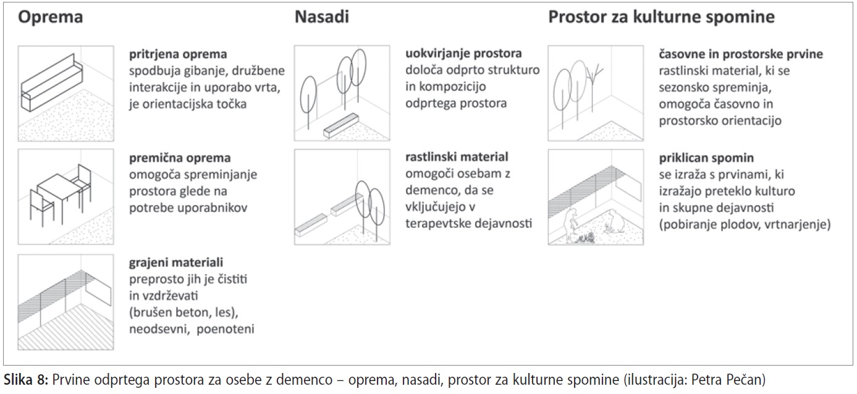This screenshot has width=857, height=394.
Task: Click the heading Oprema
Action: tap(51, 17)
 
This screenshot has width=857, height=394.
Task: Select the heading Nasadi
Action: tap(322, 17)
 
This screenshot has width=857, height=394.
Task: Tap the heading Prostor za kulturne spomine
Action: tap(662, 17)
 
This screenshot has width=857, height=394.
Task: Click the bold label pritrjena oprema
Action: tap(178, 54)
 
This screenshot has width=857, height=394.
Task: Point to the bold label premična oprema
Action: tap(180, 158)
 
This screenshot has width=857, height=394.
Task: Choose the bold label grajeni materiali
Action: tap(176, 262)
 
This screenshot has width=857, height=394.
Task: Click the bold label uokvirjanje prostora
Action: tap(463, 54)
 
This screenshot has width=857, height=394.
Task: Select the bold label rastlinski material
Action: tap(457, 157)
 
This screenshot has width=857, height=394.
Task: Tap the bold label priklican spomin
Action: tap(706, 158)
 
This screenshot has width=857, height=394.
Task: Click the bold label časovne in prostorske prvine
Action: tap(741, 54)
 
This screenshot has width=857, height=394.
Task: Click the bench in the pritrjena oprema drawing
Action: tap(52, 83)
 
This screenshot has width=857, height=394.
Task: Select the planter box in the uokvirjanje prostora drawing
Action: tap(341, 125)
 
